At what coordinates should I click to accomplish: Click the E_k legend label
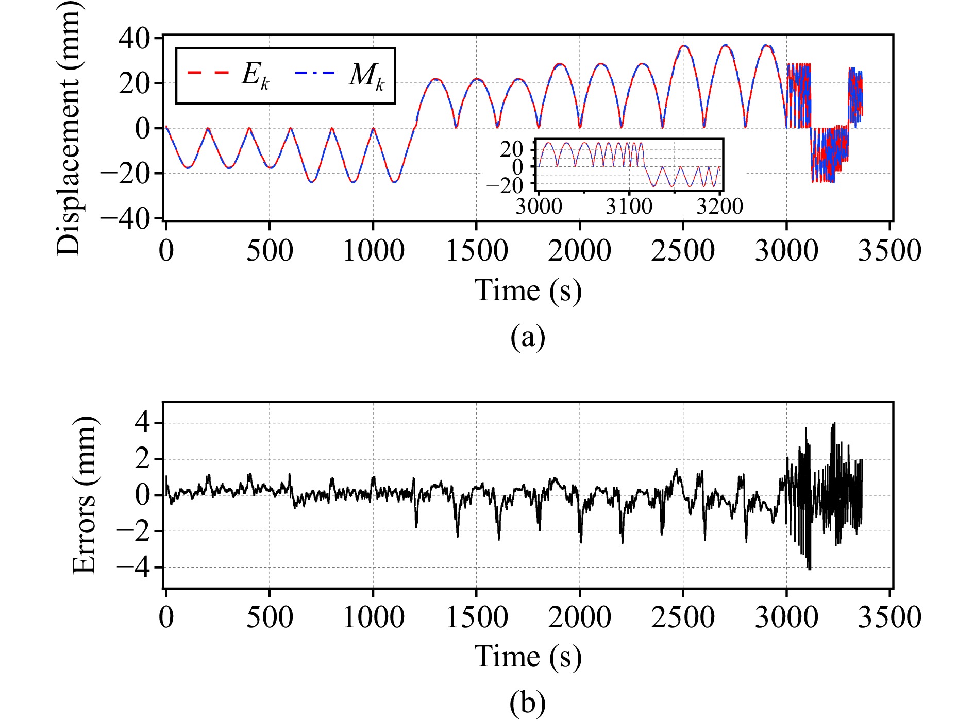(x=256, y=76)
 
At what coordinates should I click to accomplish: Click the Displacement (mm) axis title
(x=69, y=128)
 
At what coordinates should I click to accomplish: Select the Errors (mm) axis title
(x=84, y=495)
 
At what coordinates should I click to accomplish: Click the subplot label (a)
(x=527, y=337)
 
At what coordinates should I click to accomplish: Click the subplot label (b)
(x=527, y=703)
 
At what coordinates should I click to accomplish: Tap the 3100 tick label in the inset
(x=629, y=207)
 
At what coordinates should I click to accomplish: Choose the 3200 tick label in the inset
(x=719, y=207)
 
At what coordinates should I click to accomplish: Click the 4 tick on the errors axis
(x=143, y=423)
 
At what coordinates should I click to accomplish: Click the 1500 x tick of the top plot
(x=477, y=251)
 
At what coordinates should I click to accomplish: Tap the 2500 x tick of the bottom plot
(x=683, y=617)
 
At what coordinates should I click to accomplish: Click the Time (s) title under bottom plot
(x=527, y=657)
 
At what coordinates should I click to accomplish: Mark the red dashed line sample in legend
(x=208, y=73)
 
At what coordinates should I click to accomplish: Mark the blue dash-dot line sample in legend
(x=315, y=73)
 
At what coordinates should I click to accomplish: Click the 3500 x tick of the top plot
(x=889, y=251)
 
